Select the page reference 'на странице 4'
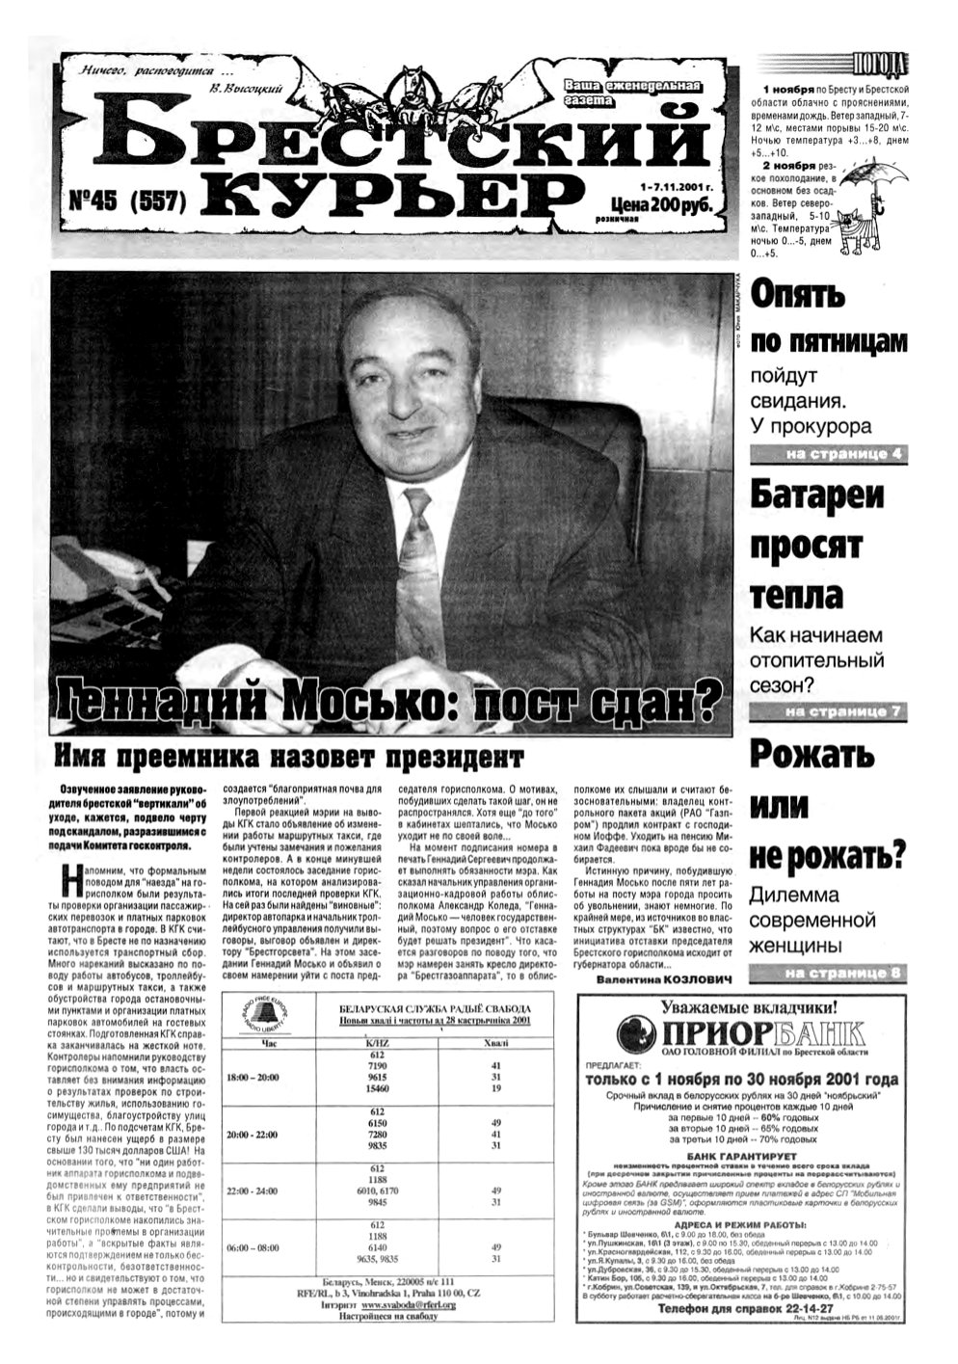click(x=842, y=455)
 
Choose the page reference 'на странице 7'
click(x=842, y=712)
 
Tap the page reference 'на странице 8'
click(x=842, y=973)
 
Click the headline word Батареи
click(x=817, y=495)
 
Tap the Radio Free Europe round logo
click(x=267, y=1016)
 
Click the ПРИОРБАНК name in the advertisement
click(x=739, y=1034)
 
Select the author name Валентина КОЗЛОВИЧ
click(x=663, y=978)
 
